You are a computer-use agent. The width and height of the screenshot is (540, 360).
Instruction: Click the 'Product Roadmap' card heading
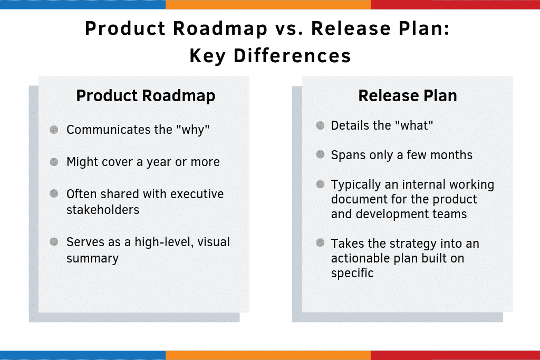coord(146,96)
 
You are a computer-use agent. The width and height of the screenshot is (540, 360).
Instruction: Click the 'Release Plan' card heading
coord(408,96)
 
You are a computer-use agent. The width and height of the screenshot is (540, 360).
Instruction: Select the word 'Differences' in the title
coord(292,56)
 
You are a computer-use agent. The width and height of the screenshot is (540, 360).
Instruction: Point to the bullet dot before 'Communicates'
coord(54,130)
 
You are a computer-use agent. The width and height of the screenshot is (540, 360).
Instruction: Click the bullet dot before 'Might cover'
coord(54,162)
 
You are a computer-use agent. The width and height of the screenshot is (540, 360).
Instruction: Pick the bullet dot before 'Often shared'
coord(54,193)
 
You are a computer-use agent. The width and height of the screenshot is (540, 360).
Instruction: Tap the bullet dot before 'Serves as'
coord(54,241)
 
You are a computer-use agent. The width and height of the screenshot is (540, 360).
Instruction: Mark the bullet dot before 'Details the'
coord(320,125)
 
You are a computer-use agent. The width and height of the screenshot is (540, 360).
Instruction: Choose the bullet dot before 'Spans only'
coord(320,154)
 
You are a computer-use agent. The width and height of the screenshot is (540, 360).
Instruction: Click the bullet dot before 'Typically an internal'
coord(320,184)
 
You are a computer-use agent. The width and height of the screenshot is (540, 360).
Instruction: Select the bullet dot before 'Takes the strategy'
coord(320,242)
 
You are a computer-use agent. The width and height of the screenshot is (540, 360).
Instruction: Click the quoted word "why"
coord(193,130)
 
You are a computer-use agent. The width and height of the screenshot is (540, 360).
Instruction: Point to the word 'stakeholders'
coord(103,210)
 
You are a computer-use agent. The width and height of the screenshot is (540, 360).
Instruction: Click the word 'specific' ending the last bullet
coord(352,273)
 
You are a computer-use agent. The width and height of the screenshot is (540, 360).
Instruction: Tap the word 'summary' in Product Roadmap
coord(93,258)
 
